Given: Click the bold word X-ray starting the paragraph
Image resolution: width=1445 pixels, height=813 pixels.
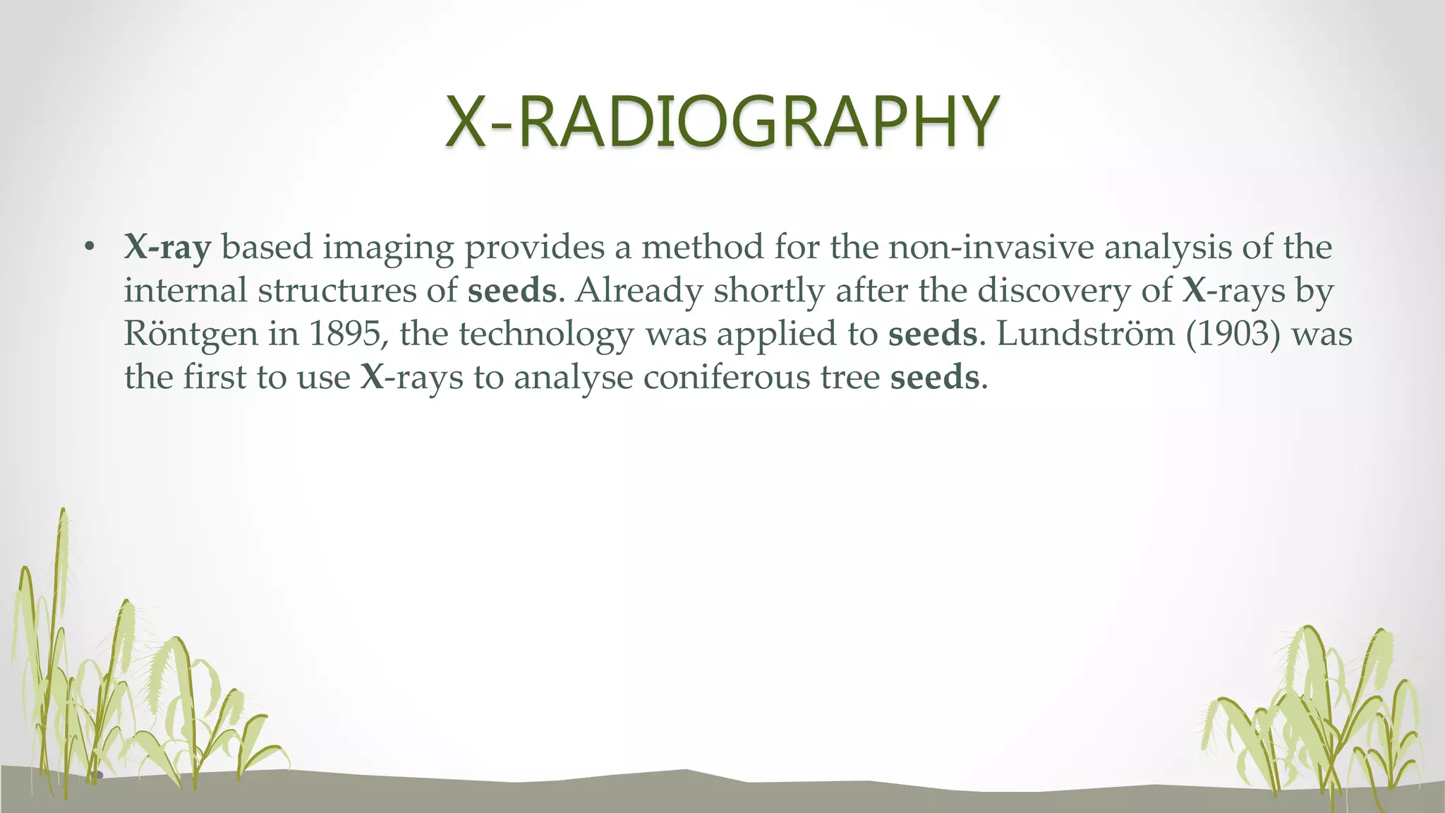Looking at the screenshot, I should click(x=168, y=248).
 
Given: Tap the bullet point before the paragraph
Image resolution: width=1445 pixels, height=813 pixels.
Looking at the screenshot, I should click(x=88, y=247).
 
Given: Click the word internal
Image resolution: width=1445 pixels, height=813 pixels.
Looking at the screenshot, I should click(x=186, y=291).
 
